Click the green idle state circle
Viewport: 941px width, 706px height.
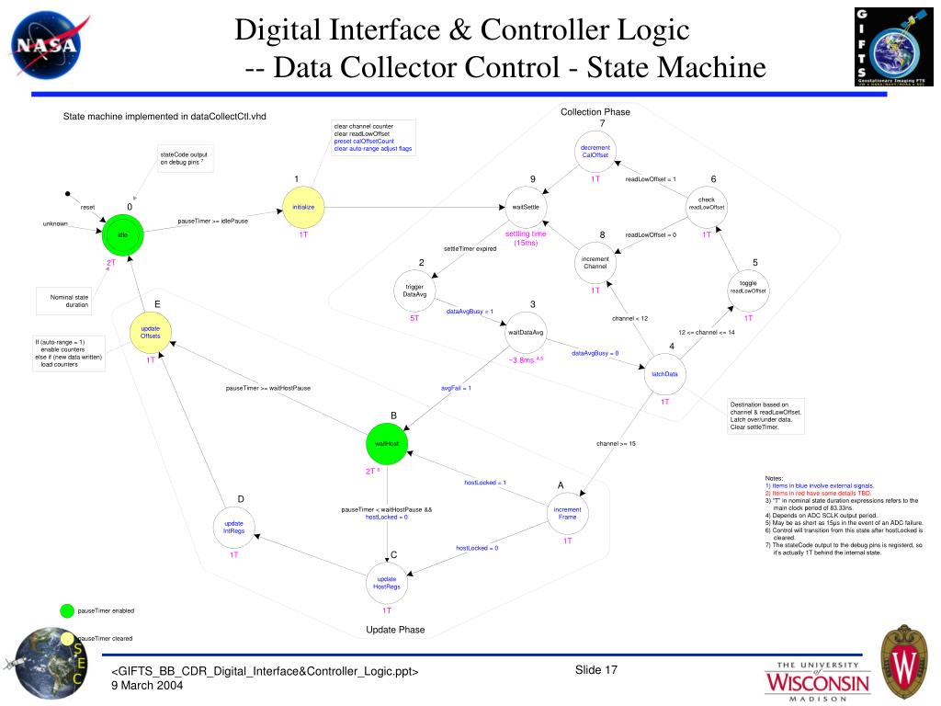[122, 234]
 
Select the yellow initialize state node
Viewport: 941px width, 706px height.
[303, 208]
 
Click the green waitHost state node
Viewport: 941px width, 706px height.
[387, 444]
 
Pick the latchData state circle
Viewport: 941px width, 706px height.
[664, 374]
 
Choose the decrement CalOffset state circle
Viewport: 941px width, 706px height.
[595, 151]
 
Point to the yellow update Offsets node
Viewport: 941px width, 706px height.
[151, 332]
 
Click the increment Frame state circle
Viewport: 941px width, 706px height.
[568, 513]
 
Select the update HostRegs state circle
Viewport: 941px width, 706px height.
[387, 583]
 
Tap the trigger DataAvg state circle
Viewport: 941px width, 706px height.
[415, 290]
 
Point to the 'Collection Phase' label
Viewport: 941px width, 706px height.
[595, 112]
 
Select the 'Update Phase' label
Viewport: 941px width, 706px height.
[395, 630]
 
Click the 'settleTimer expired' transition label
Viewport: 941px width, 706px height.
[470, 248]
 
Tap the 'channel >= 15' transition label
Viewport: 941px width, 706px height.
[616, 444]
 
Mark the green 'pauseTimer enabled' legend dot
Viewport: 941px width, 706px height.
[66, 610]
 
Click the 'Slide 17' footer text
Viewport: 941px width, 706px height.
[596, 669]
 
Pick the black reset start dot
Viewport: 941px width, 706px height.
[67, 194]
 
